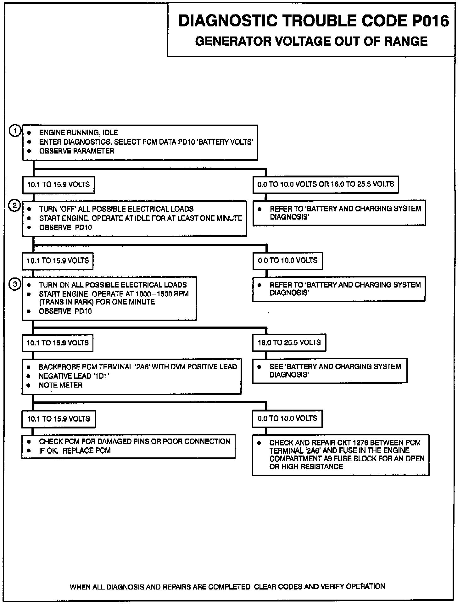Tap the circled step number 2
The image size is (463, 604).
14,206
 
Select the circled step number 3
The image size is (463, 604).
14,284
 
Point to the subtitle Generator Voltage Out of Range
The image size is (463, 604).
311,42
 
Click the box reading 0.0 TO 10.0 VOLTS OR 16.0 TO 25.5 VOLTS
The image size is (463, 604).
326,184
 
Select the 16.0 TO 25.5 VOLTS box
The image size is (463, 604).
289,343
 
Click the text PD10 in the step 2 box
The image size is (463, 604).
83,227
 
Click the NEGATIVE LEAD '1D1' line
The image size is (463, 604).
74,376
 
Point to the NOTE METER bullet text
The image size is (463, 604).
60,385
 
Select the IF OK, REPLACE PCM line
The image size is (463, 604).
75,450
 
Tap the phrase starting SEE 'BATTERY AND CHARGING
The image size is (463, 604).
335,367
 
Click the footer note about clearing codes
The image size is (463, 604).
227,587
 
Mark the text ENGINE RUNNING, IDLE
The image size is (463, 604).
78,133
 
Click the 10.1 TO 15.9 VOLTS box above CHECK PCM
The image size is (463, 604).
59,419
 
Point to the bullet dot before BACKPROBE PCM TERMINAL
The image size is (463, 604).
29,367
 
